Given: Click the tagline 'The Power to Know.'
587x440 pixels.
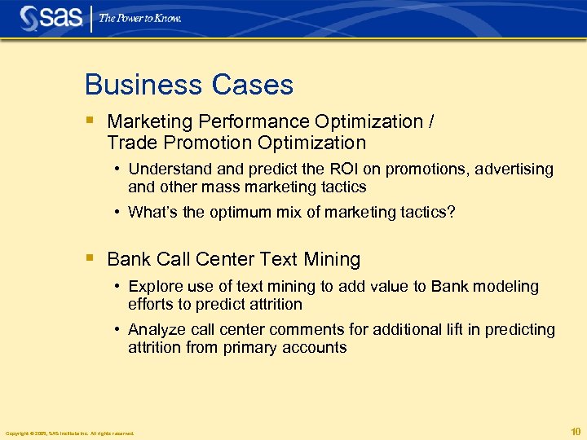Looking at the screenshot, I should [x=140, y=17].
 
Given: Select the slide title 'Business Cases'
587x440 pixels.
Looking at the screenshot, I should [x=188, y=85].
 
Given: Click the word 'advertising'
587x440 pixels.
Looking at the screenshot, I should [x=514, y=169].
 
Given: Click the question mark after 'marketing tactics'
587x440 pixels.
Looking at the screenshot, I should [x=451, y=212].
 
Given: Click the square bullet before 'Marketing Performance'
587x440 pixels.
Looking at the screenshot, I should [x=89, y=121].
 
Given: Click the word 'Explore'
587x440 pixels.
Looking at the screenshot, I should [x=155, y=287].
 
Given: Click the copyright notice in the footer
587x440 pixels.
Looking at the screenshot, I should [x=69, y=433].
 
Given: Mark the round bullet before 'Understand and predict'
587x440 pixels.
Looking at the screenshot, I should [x=118, y=169].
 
